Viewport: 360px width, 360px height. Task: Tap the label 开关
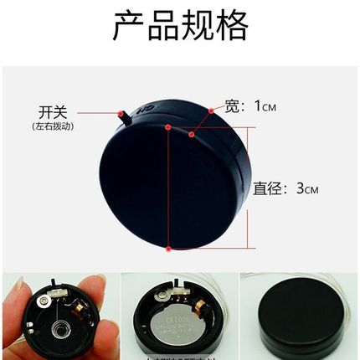pyautogui.click(x=53, y=112)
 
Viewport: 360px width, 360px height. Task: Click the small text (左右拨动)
pyautogui.click(x=52, y=126)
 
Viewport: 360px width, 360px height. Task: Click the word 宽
pyautogui.click(x=234, y=106)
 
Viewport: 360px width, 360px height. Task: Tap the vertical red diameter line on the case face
pyautogui.click(x=170, y=188)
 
